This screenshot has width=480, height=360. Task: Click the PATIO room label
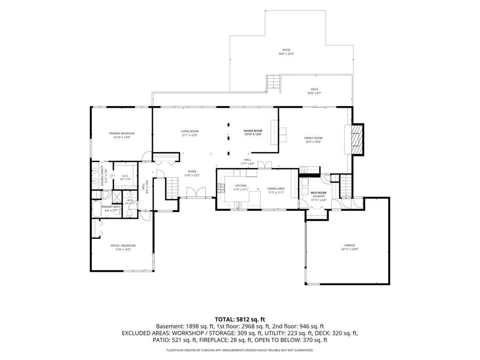[x=286, y=50]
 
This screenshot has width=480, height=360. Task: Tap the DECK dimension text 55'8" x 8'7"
[x=314, y=93]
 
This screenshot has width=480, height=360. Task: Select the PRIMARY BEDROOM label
[x=122, y=133]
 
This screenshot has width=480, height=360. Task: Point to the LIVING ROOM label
[x=190, y=131]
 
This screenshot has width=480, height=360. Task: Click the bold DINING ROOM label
[x=253, y=131]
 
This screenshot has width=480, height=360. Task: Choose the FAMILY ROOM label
[x=313, y=138]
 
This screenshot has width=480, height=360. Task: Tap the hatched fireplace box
[x=357, y=140]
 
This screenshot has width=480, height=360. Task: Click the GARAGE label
[x=350, y=245]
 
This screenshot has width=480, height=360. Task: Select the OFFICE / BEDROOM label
[x=123, y=246]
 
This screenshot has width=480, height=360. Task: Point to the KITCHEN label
[x=241, y=186]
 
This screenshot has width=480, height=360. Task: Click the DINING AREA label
[x=276, y=189]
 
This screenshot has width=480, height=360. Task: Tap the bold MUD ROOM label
[x=318, y=193]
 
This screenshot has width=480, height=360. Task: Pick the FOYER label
[x=192, y=172]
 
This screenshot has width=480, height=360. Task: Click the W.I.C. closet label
[x=125, y=176]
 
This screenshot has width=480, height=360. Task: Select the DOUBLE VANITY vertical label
[x=102, y=176]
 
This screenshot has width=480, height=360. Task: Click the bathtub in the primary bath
[x=96, y=209]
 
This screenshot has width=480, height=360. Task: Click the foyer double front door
[x=196, y=192]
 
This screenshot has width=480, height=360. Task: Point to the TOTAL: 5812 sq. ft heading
[x=240, y=320]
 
